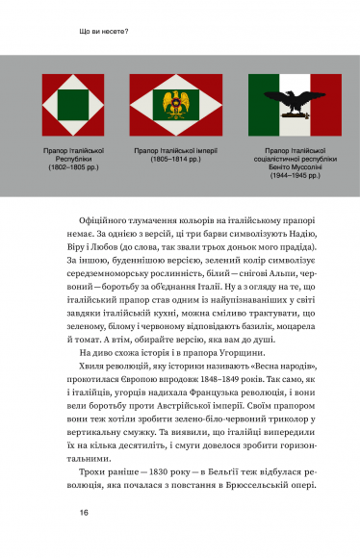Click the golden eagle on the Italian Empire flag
(x=179, y=98)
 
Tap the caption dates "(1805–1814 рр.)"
(x=179, y=160)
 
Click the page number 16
(x=86, y=513)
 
